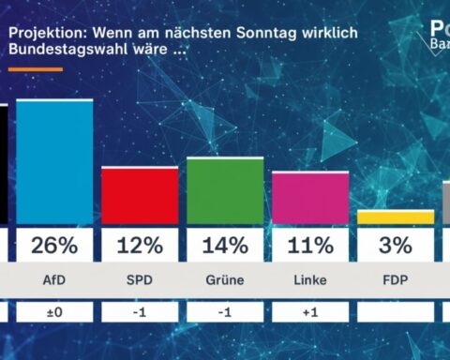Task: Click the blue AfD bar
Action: pos(54,162)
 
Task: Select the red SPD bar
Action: pos(140,196)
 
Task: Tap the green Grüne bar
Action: pos(225,191)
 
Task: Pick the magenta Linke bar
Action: pos(310,198)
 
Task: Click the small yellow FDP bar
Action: pos(396,217)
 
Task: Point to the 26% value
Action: pos(54,246)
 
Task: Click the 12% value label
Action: pos(140,246)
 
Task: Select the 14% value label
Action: pos(225,246)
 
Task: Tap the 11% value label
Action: pos(310,246)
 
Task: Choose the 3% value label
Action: pos(396,246)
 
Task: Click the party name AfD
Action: pos(54,279)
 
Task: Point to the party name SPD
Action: pos(140,279)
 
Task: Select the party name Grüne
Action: pos(225,279)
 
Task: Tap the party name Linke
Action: pos(310,279)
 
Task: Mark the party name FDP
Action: pos(396,279)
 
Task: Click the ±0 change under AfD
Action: pos(54,310)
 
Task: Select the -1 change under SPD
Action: pos(140,310)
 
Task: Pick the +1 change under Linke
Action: pos(310,310)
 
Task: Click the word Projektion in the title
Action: pos(45,30)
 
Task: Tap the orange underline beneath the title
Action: pos(36,68)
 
